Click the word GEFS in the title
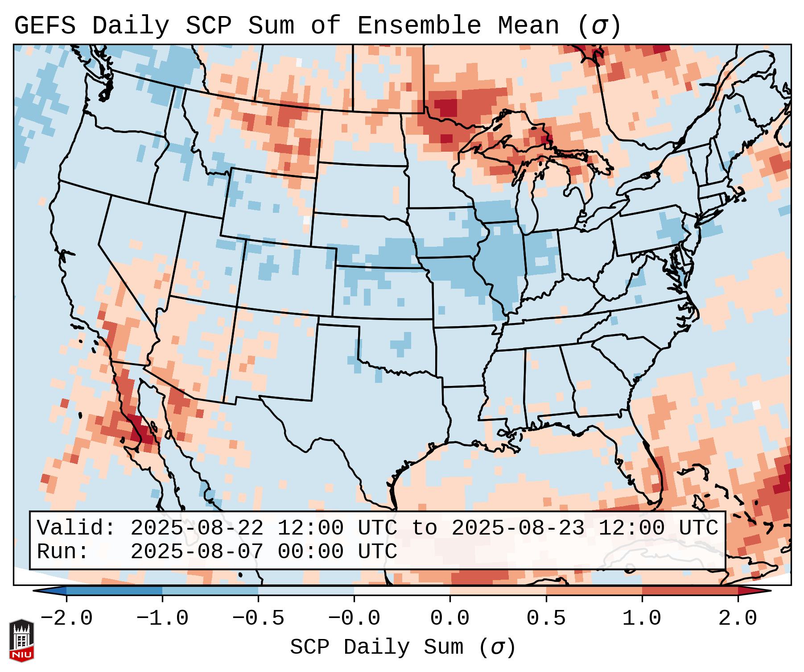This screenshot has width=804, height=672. click(45, 26)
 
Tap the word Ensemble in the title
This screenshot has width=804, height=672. click(419, 26)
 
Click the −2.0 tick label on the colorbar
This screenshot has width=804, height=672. click(66, 618)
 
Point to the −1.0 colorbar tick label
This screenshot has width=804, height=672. click(162, 618)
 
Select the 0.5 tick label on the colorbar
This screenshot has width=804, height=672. click(546, 618)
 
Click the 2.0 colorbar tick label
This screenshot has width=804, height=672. click(738, 618)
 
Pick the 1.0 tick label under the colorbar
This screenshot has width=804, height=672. click(642, 618)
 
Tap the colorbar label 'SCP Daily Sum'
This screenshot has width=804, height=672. click(377, 647)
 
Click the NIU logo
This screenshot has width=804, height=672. click(21, 640)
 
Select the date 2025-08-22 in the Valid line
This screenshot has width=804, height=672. click(197, 528)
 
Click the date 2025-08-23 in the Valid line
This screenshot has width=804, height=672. click(518, 528)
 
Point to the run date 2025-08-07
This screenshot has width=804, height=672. click(197, 552)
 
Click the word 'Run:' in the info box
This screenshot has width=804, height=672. click(63, 552)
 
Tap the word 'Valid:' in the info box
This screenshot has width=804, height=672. click(76, 528)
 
